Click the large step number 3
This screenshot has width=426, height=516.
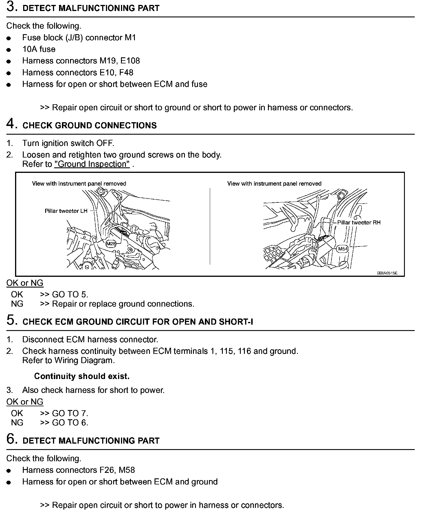pos(11,7)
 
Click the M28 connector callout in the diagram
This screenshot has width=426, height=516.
pos(111,244)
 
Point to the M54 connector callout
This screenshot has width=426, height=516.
pos(343,249)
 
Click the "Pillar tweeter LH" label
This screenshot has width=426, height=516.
pos(66,211)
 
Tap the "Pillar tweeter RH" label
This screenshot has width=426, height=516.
pos(359,222)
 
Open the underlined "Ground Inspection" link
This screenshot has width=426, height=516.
pos(92,164)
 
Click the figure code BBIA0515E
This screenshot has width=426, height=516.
pos(387,273)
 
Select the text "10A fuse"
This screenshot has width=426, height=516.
pos(39,49)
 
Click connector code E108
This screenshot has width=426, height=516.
pos(130,61)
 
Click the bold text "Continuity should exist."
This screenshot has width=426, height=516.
pos(82,376)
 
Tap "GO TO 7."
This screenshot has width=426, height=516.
pos(70,413)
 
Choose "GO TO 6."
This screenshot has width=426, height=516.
pos(70,422)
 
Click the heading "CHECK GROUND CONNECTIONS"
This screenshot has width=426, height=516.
pos(89,125)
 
